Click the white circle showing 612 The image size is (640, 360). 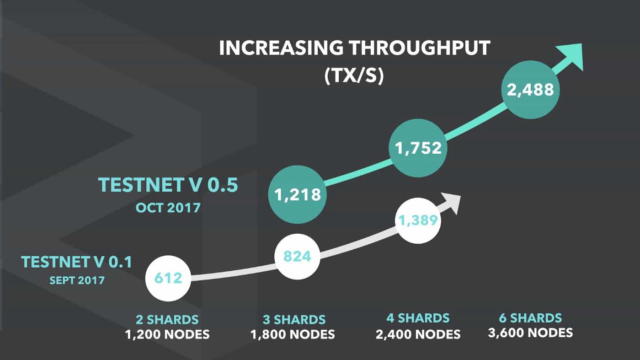[167, 277]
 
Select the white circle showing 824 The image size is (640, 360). [297, 256]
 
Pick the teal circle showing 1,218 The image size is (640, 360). [297, 195]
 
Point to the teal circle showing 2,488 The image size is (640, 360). [530, 89]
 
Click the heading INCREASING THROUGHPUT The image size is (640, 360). [354, 48]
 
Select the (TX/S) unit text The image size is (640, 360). [354, 76]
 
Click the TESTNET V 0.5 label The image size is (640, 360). [168, 185]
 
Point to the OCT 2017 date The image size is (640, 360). [168, 207]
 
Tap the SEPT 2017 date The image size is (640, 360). [76, 279]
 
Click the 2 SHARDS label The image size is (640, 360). [167, 319]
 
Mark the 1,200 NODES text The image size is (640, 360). [167, 334]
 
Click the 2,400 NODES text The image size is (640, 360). [418, 334]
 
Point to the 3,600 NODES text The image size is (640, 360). [530, 333]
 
